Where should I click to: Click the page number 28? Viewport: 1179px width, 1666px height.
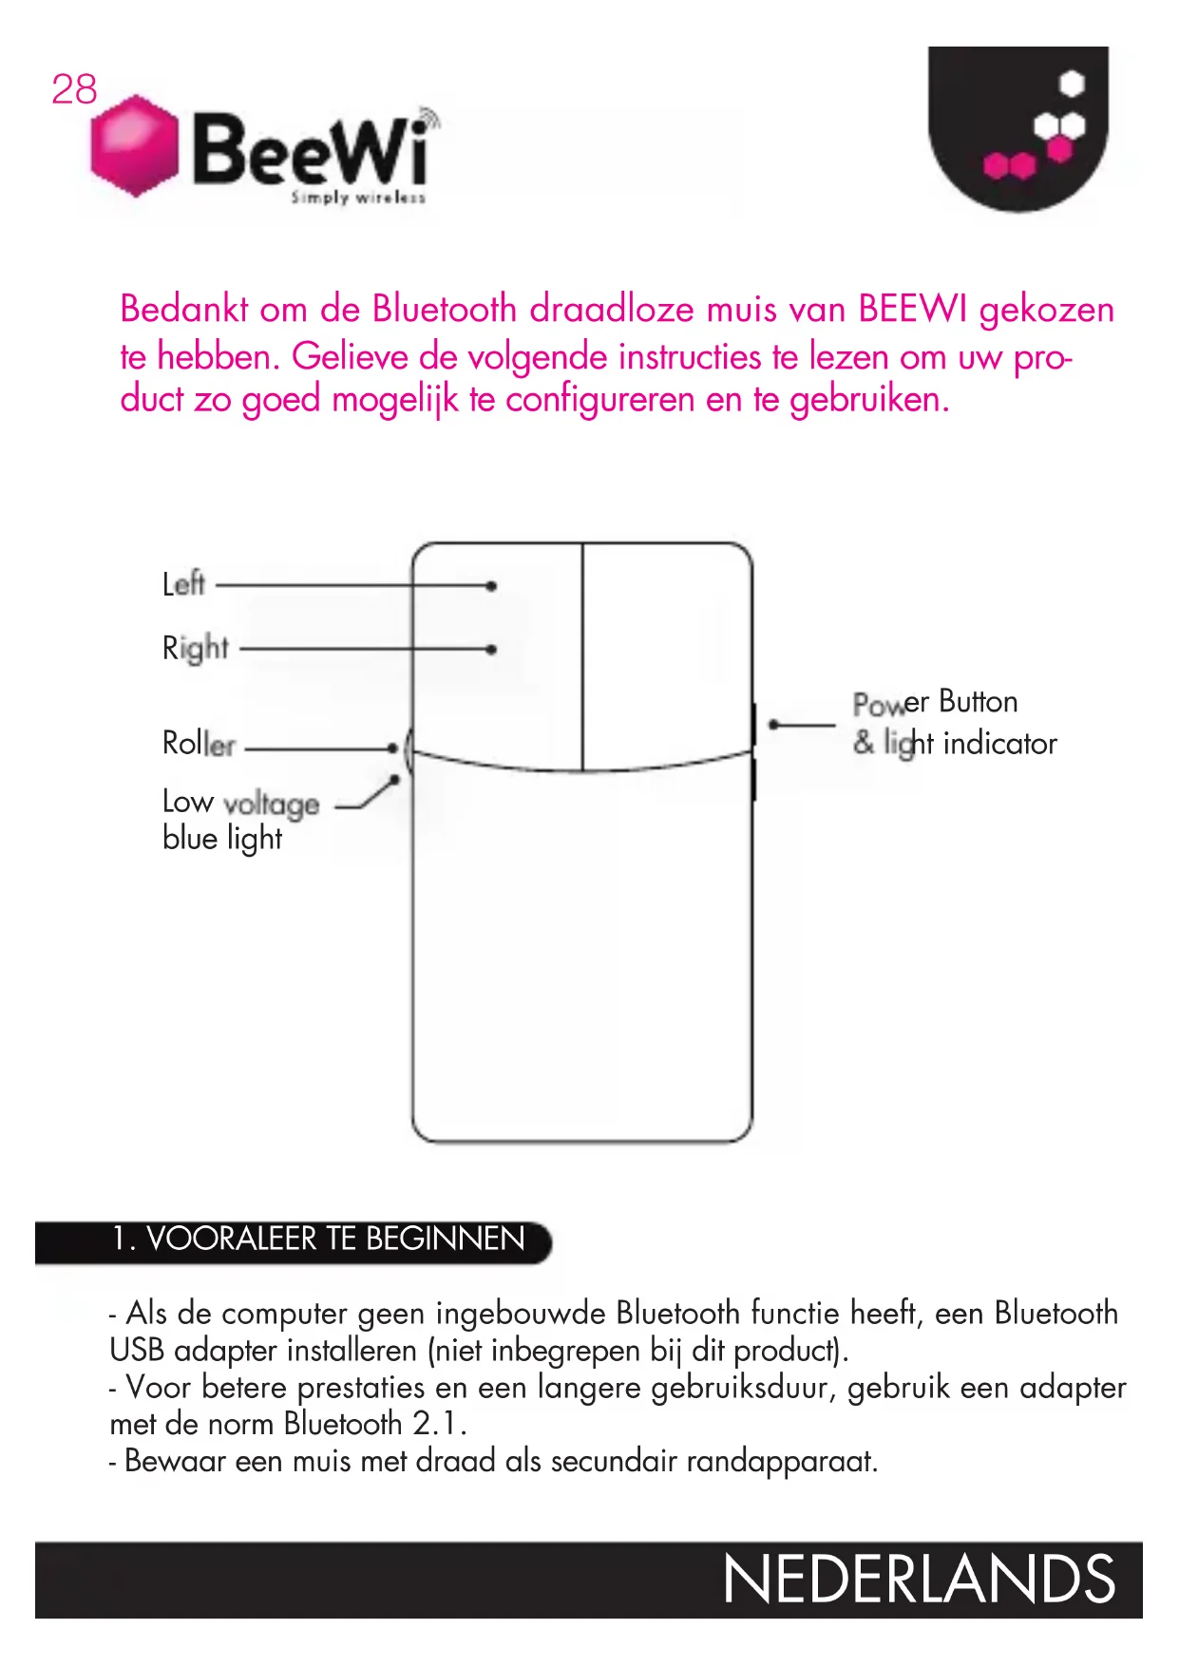tap(74, 89)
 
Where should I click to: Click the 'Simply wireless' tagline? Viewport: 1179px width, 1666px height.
tap(358, 198)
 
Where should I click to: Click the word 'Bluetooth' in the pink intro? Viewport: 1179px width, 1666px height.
tap(444, 310)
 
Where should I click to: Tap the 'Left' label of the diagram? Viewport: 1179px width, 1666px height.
tap(183, 583)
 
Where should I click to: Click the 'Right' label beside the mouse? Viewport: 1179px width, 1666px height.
tap(196, 648)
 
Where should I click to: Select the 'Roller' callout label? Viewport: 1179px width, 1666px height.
tap(199, 743)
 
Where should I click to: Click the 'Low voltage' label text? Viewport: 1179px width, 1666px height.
tap(240, 803)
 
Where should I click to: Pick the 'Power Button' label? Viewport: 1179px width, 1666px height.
tap(935, 702)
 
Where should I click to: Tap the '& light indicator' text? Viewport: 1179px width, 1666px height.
tap(955, 743)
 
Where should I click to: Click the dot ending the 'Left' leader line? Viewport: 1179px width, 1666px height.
tap(491, 586)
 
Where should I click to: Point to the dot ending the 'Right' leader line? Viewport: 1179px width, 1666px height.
tap(491, 650)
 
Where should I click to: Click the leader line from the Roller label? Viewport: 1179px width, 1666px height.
tap(318, 748)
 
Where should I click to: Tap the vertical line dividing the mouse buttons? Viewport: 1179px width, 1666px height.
tap(582, 655)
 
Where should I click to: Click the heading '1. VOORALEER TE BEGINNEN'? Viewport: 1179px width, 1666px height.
tap(318, 1239)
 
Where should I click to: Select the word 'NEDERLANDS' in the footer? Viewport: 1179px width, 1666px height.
tap(919, 1580)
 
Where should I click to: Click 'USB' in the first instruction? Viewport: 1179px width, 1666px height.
tap(137, 1351)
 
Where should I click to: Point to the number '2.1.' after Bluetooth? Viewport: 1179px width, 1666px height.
tap(439, 1424)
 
